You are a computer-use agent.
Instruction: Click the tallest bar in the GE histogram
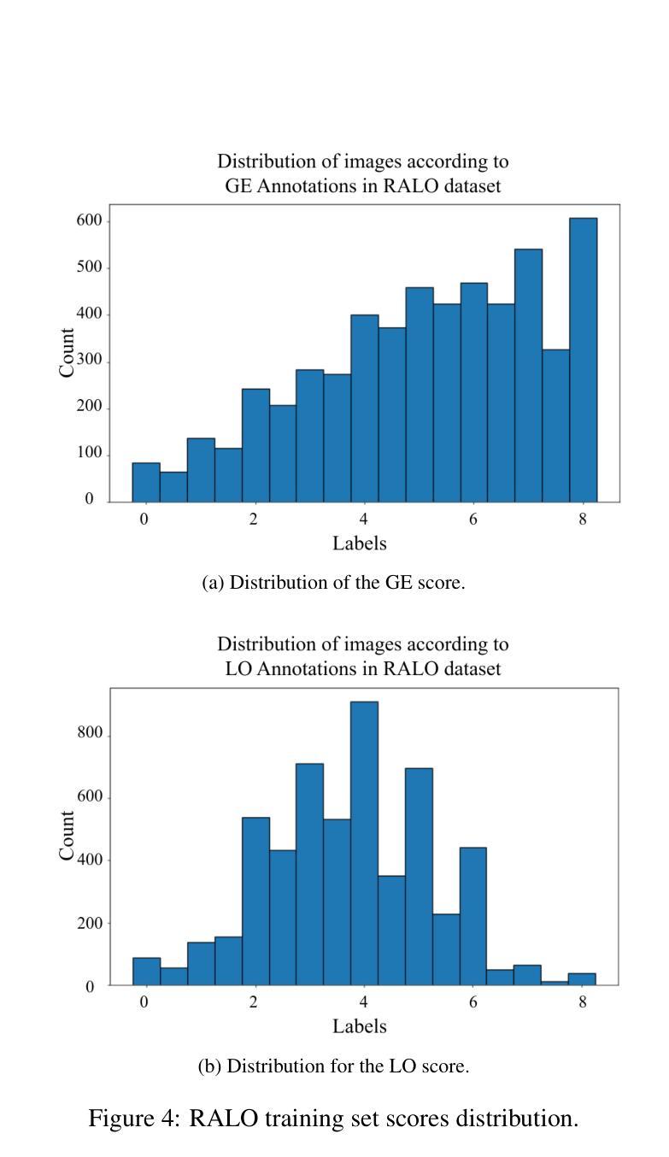tap(583, 359)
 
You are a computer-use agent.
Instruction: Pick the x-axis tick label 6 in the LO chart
tap(473, 1002)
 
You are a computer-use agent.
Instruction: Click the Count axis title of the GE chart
tap(67, 352)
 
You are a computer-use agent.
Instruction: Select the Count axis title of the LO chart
tap(67, 836)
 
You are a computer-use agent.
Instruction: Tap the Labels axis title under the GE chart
tap(360, 543)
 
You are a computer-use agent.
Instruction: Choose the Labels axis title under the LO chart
tap(360, 1026)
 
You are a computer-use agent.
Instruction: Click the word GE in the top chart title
tap(238, 187)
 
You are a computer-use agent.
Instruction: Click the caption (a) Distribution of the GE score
tap(333, 584)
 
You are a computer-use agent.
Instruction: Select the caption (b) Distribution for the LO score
tap(333, 1066)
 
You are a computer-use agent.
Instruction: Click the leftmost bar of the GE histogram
tap(146, 482)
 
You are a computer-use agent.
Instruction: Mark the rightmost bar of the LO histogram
tap(583, 979)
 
